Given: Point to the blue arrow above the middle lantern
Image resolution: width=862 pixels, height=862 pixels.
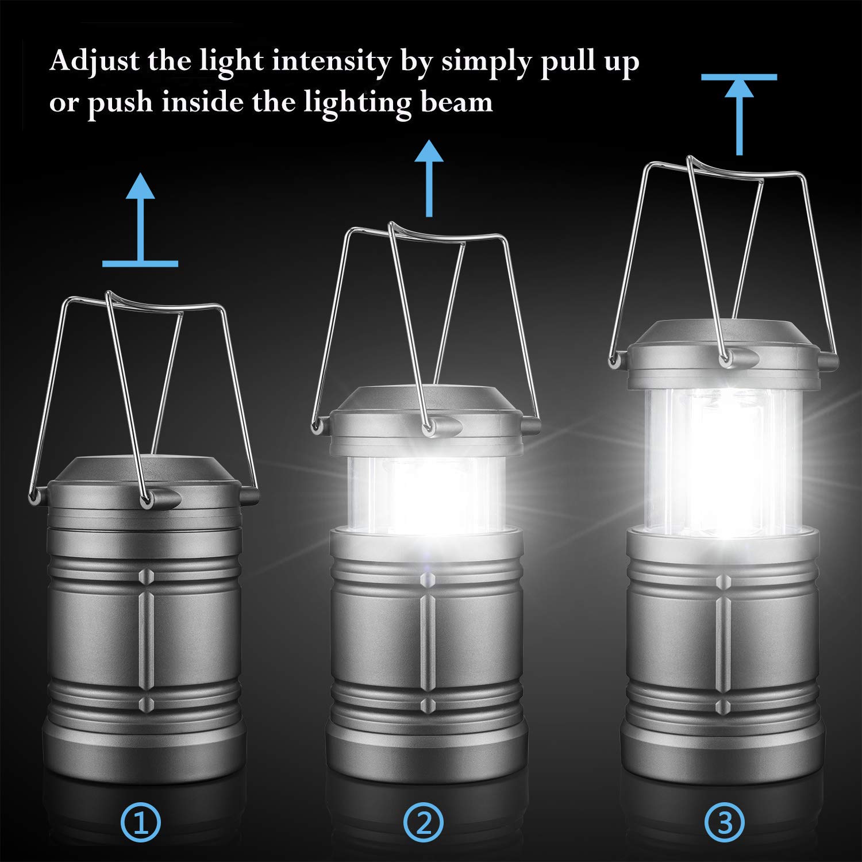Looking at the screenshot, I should click(x=428, y=178).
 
